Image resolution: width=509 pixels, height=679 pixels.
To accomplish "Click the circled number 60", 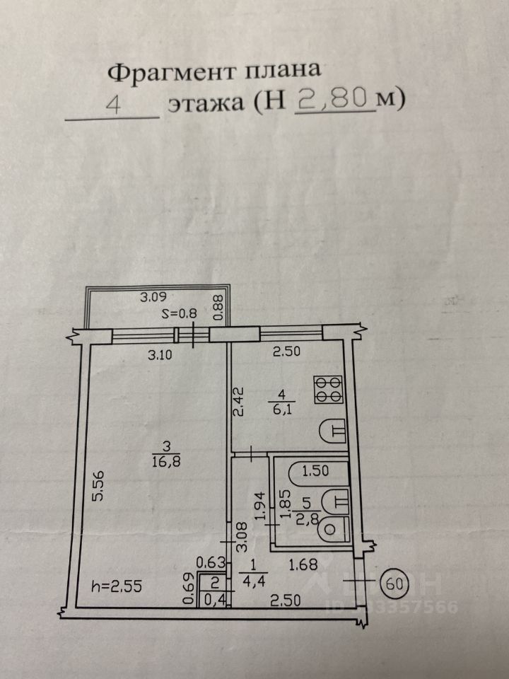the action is point(394,584).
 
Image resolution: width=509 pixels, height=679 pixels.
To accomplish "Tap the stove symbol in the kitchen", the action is point(329,389).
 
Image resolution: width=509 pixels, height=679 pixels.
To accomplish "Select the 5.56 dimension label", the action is point(99,486).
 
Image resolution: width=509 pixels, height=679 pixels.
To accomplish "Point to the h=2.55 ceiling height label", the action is point(117,586).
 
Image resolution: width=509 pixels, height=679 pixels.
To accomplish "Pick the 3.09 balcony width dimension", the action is point(153,297).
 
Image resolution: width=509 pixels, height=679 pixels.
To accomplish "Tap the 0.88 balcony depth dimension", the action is point(218,308).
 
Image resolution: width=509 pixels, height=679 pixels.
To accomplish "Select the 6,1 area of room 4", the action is point(282,408).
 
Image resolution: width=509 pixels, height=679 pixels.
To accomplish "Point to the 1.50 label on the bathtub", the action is point(315,471).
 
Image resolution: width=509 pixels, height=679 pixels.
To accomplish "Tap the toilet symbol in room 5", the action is point(334,528).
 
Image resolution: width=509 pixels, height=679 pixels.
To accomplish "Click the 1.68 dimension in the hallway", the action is point(303,564).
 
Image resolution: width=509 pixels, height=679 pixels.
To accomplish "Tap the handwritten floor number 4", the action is point(113,105).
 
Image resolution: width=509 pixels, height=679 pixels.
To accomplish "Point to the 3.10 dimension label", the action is point(160,355).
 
